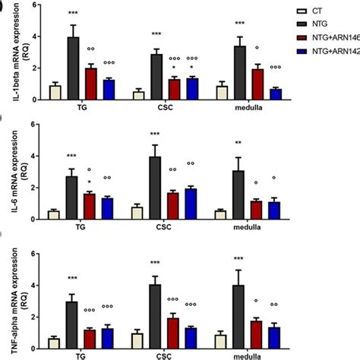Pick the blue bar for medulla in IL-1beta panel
point(276,94)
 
